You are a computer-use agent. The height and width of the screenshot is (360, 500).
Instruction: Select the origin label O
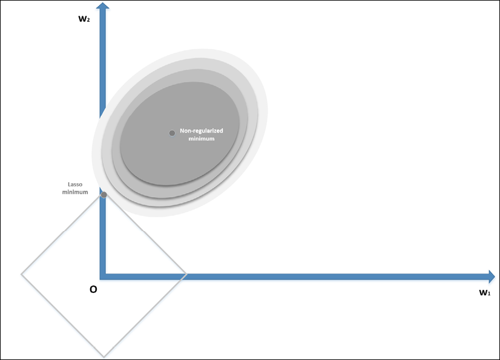93,290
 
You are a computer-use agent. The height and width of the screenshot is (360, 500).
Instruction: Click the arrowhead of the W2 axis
103,7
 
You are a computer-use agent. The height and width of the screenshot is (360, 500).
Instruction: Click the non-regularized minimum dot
172,133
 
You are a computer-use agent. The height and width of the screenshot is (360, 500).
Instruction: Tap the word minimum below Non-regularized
202,139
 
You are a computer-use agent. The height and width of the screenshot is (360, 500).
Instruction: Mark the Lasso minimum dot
104,195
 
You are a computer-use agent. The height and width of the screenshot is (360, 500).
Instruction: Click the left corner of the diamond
22,275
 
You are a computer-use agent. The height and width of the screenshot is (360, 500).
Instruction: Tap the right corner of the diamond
186,275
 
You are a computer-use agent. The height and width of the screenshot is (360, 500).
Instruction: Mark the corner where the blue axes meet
103,275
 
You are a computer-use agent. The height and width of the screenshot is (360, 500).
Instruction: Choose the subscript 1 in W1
489,295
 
